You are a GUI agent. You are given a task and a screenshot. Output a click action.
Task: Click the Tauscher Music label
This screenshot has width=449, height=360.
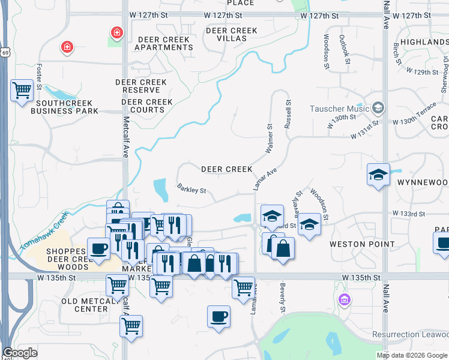click(x=339, y=109)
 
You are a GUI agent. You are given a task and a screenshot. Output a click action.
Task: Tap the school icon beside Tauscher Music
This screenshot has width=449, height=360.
click(x=378, y=109)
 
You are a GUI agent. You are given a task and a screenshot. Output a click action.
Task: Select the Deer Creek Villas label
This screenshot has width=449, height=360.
click(x=231, y=34)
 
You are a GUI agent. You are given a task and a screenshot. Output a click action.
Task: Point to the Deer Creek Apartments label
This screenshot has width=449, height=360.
click(x=165, y=43)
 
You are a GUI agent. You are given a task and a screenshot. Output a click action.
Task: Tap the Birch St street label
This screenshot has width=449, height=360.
click(x=396, y=53)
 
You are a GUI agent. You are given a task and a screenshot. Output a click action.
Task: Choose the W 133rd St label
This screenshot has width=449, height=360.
click(x=409, y=213)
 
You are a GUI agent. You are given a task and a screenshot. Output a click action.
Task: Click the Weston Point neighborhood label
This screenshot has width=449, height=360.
click(x=362, y=244)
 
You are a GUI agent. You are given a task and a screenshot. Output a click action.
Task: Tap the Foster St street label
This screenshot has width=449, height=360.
click(x=39, y=77)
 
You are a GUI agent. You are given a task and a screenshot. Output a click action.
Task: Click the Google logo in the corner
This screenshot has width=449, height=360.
click(x=20, y=353)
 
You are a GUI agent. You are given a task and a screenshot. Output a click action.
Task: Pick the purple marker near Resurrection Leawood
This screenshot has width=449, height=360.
click(x=345, y=299)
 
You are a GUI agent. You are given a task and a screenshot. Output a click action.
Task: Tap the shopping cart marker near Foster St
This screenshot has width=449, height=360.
click(x=22, y=91)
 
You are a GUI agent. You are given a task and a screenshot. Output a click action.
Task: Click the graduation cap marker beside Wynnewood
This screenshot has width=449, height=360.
click(x=378, y=175)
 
